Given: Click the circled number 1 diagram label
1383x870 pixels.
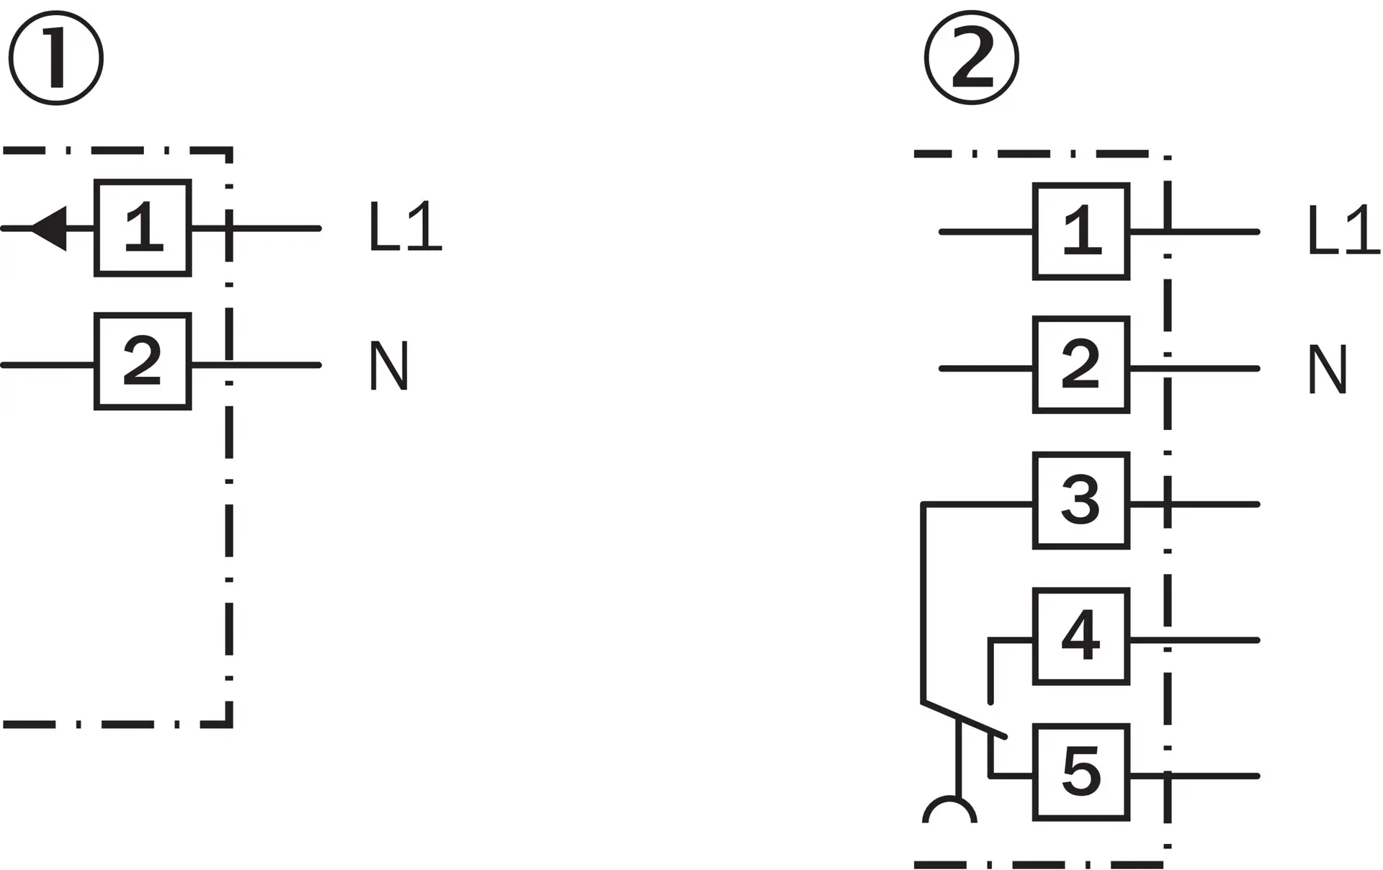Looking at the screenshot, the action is (x=55, y=58).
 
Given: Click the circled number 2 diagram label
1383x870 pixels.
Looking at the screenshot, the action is (x=972, y=58).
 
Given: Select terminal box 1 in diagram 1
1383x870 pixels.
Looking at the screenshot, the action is (x=143, y=228).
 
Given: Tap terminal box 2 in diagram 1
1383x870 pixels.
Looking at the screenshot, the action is (x=143, y=362).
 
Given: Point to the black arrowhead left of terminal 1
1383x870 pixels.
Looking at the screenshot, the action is (x=48, y=228).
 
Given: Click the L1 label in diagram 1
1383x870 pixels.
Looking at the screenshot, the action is (x=405, y=228).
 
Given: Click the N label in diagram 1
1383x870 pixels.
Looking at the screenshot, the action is (x=389, y=366).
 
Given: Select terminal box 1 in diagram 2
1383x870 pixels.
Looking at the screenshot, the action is (x=1081, y=231).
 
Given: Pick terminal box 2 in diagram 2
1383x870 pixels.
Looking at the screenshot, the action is (x=1081, y=364).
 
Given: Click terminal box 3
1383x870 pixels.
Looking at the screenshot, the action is (x=1081, y=501).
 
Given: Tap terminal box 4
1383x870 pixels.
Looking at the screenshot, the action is (x=1081, y=636).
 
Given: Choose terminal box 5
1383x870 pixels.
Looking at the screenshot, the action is (x=1081, y=772).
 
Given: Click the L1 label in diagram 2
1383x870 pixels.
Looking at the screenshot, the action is (x=1343, y=230).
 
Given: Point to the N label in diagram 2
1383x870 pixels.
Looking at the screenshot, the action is (x=1327, y=369).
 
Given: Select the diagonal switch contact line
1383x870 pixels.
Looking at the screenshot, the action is (x=964, y=719).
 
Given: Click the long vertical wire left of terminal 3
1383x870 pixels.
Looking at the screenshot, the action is (x=923, y=602).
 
